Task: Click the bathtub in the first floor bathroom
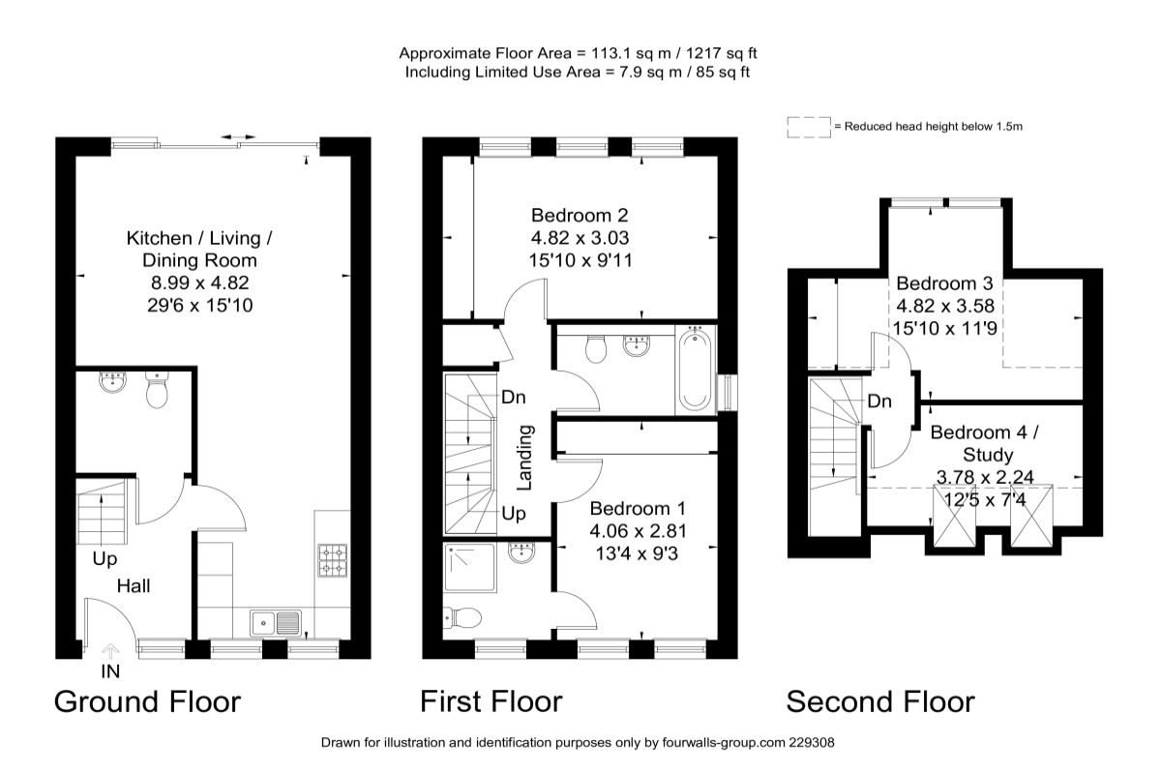[x=695, y=370]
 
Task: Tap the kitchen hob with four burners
[x=332, y=560]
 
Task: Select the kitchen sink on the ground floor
[x=276, y=623]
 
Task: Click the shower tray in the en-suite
[x=469, y=568]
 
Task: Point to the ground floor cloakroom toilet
[x=157, y=390]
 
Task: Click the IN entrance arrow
[x=110, y=651]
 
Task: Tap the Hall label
[x=134, y=586]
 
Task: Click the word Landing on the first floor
[x=525, y=458]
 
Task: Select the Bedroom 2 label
[x=580, y=215]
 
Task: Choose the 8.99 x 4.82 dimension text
[x=200, y=283]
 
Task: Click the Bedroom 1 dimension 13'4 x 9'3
[x=637, y=553]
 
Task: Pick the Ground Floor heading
[x=148, y=702]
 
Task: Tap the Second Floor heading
[x=880, y=702]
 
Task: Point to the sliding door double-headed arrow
[x=238, y=136]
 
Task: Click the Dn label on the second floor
[x=879, y=402]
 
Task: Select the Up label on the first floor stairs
[x=514, y=515]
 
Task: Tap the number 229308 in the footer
[x=812, y=743]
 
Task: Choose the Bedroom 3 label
[x=944, y=283]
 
